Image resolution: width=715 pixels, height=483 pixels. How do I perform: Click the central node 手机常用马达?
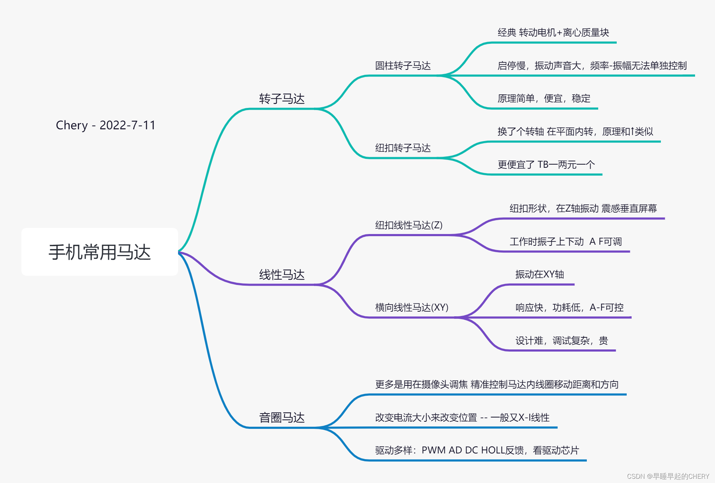[x=100, y=252]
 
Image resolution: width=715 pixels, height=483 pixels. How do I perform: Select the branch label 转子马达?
[x=282, y=99]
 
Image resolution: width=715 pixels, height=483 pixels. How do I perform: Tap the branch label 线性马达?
[x=282, y=275]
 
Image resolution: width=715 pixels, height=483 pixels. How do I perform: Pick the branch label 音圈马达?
[x=282, y=417]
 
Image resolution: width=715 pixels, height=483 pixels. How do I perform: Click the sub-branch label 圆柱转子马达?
[x=403, y=66]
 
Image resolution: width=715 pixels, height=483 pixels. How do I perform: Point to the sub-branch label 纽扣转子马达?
[x=403, y=148]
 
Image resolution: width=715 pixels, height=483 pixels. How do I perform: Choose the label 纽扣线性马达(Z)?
[x=408, y=225]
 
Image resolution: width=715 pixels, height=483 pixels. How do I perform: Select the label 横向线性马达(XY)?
[x=411, y=307]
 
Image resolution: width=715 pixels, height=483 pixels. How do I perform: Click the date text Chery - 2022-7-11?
[x=106, y=125]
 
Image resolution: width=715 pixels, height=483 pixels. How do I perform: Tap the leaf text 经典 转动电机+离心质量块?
[x=553, y=33]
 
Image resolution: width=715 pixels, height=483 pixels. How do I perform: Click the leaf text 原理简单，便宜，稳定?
[x=544, y=99]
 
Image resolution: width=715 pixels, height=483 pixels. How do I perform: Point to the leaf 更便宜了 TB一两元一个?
[x=546, y=165]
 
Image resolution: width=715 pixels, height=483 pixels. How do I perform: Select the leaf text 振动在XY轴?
[x=539, y=274]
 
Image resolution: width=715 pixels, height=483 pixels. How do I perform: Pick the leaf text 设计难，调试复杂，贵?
[x=562, y=341]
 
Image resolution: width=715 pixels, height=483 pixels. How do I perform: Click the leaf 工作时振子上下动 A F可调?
[x=565, y=241]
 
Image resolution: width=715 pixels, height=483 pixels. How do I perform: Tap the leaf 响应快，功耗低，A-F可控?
[x=569, y=307]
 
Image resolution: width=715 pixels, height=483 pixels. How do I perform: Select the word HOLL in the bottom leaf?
[x=493, y=450]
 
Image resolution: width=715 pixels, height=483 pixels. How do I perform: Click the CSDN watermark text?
[x=668, y=476]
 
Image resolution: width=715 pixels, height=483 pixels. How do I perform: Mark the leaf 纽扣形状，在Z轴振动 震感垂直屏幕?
[x=583, y=208]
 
